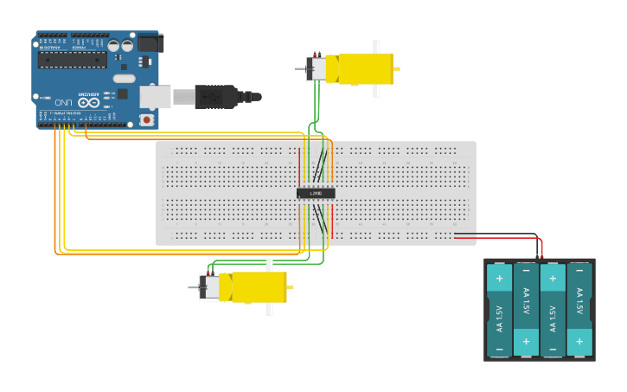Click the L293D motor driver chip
(x=316, y=193)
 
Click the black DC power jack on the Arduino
(x=150, y=42)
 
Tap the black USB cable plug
(x=215, y=96)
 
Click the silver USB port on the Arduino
(x=156, y=96)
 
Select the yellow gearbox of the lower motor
(x=253, y=286)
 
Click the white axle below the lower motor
(x=269, y=309)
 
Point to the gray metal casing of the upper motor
(x=318, y=69)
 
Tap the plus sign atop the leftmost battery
(x=499, y=279)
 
